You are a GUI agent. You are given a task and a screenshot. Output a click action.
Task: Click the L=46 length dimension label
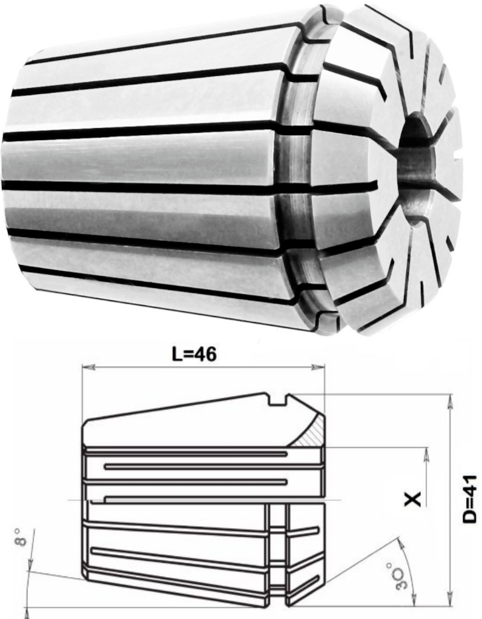coord(194,355)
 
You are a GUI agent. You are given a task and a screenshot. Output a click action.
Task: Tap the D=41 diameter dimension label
coord(470,499)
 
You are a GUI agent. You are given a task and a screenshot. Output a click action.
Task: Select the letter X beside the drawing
coord(414,499)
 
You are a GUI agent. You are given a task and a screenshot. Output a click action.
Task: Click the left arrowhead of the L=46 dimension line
coord(88,367)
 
